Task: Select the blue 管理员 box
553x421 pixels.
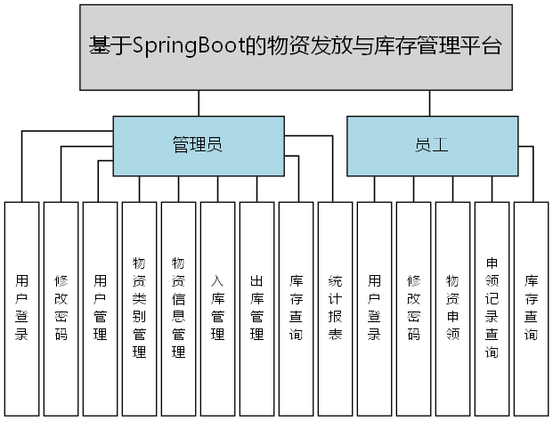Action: (198, 144)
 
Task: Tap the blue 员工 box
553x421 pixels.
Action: (431, 144)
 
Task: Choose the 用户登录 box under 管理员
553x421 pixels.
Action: (21, 308)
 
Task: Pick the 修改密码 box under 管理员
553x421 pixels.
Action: (61, 308)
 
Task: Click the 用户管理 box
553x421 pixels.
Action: (100, 308)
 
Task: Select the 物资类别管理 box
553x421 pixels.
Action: (139, 308)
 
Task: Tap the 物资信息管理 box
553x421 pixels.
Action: (178, 308)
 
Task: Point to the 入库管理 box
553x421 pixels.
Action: (217, 308)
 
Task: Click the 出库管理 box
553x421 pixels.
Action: (256, 308)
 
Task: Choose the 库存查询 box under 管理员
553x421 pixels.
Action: (296, 308)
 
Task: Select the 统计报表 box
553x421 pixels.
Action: (335, 308)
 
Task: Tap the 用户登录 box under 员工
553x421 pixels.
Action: (374, 308)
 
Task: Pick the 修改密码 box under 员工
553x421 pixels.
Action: (413, 308)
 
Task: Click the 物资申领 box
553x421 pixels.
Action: (452, 308)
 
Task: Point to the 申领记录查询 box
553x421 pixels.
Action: (492, 308)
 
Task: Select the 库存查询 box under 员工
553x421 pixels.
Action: (531, 308)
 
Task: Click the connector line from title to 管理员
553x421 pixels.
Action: (198, 103)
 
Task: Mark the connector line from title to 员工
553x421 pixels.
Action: (431, 103)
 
